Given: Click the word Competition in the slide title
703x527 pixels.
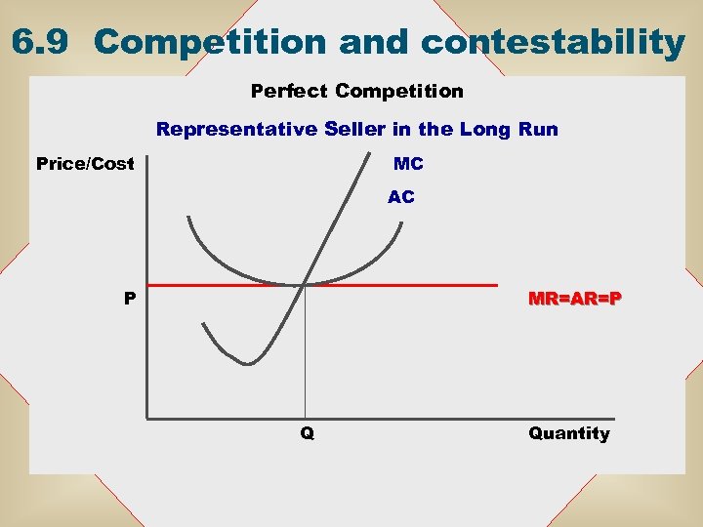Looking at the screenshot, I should click(209, 42).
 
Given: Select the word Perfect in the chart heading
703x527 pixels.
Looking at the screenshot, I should click(290, 91).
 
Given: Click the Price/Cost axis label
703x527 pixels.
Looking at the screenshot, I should click(85, 163).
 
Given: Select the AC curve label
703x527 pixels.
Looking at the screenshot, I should click(400, 196).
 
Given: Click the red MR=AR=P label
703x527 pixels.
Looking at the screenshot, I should click(574, 298).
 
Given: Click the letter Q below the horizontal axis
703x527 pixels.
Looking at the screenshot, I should click(307, 433).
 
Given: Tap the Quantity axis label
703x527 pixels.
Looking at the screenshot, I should click(569, 433).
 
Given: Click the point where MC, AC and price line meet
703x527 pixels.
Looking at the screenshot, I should click(306, 284).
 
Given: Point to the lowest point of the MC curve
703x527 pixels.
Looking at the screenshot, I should click(248, 364).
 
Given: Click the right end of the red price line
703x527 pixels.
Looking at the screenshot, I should click(496, 285).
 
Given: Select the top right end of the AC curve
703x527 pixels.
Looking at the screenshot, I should click(401, 221).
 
